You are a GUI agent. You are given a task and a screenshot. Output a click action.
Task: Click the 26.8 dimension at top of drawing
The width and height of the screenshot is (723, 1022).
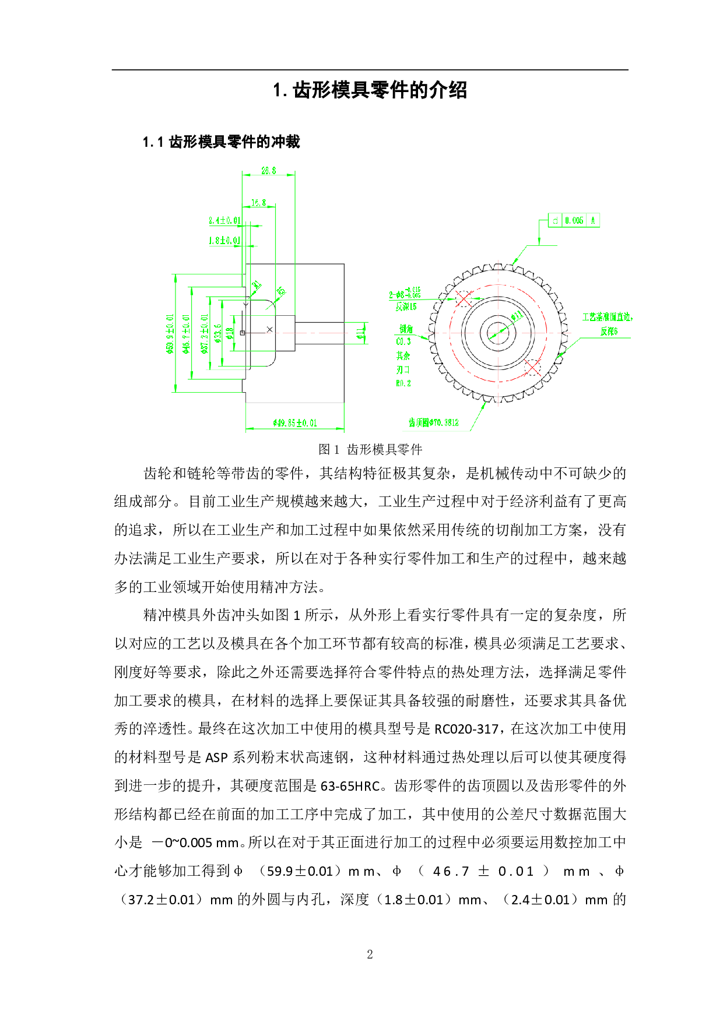[269, 171]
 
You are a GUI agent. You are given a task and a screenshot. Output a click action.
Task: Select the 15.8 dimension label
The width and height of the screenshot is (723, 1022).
[259, 203]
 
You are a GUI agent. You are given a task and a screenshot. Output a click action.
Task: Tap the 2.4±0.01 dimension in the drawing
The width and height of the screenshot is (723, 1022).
[224, 220]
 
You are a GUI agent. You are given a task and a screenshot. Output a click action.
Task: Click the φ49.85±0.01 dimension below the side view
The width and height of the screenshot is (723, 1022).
[295, 423]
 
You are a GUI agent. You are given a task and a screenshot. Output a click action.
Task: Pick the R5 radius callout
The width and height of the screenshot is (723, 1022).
[282, 290]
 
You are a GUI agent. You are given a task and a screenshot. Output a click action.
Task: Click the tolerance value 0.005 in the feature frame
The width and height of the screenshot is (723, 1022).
[574, 220]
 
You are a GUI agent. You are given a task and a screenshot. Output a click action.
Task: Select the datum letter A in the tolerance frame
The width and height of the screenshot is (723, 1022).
[594, 220]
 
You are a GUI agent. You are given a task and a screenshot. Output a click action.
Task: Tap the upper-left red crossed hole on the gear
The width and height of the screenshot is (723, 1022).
[463, 299]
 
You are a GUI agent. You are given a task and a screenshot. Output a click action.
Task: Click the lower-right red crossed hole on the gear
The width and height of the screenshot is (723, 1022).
[532, 367]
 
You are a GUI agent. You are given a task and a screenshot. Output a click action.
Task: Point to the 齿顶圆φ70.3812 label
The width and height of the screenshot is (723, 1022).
[433, 423]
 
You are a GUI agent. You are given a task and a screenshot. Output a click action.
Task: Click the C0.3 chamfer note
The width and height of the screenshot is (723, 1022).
[403, 341]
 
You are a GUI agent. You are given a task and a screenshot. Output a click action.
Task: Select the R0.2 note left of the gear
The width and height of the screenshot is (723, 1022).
[403, 383]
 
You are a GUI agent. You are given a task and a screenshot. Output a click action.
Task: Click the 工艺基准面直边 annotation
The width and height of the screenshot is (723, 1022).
[607, 317]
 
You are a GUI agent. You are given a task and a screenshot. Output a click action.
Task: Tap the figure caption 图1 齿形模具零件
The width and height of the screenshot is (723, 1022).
[370, 449]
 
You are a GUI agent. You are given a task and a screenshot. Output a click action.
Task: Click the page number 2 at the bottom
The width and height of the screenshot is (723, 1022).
[370, 954]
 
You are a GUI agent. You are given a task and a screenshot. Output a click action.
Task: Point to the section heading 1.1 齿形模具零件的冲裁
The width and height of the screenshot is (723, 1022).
[222, 142]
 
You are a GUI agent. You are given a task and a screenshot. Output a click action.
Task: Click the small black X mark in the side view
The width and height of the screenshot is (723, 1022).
[269, 330]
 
